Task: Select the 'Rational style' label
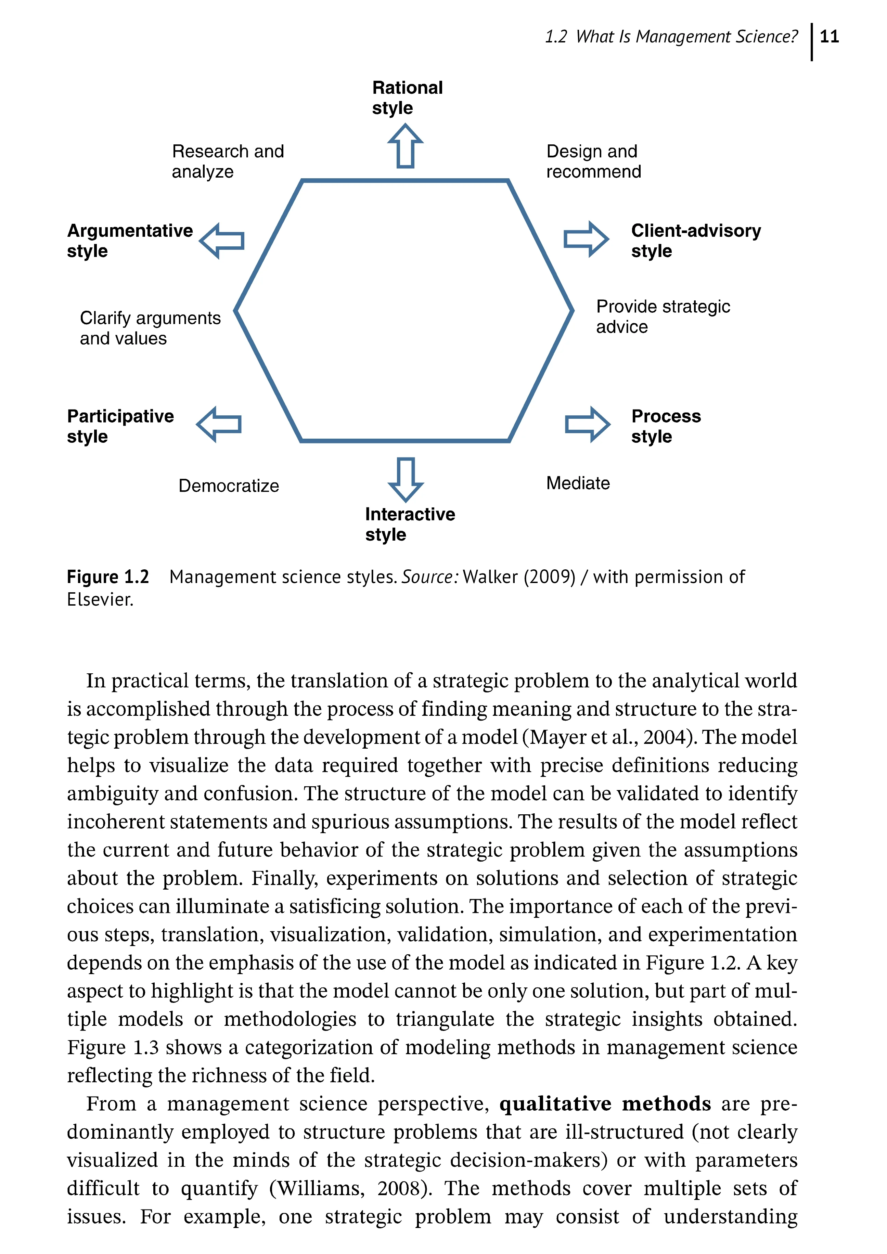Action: pyautogui.click(x=407, y=98)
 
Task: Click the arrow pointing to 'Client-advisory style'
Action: pyautogui.click(x=586, y=239)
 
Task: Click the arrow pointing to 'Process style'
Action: pyautogui.click(x=587, y=424)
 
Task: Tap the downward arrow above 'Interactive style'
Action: pyautogui.click(x=405, y=479)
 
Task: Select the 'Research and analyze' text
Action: pyautogui.click(x=228, y=161)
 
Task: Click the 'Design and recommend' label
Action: pyautogui.click(x=593, y=161)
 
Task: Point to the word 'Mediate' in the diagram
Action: pyautogui.click(x=578, y=483)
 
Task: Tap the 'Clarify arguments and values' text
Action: pyautogui.click(x=150, y=328)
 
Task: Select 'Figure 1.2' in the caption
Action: pyautogui.click(x=107, y=577)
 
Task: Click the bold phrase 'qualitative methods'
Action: pyautogui.click(x=605, y=1104)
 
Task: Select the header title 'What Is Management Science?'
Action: pyautogui.click(x=686, y=37)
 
